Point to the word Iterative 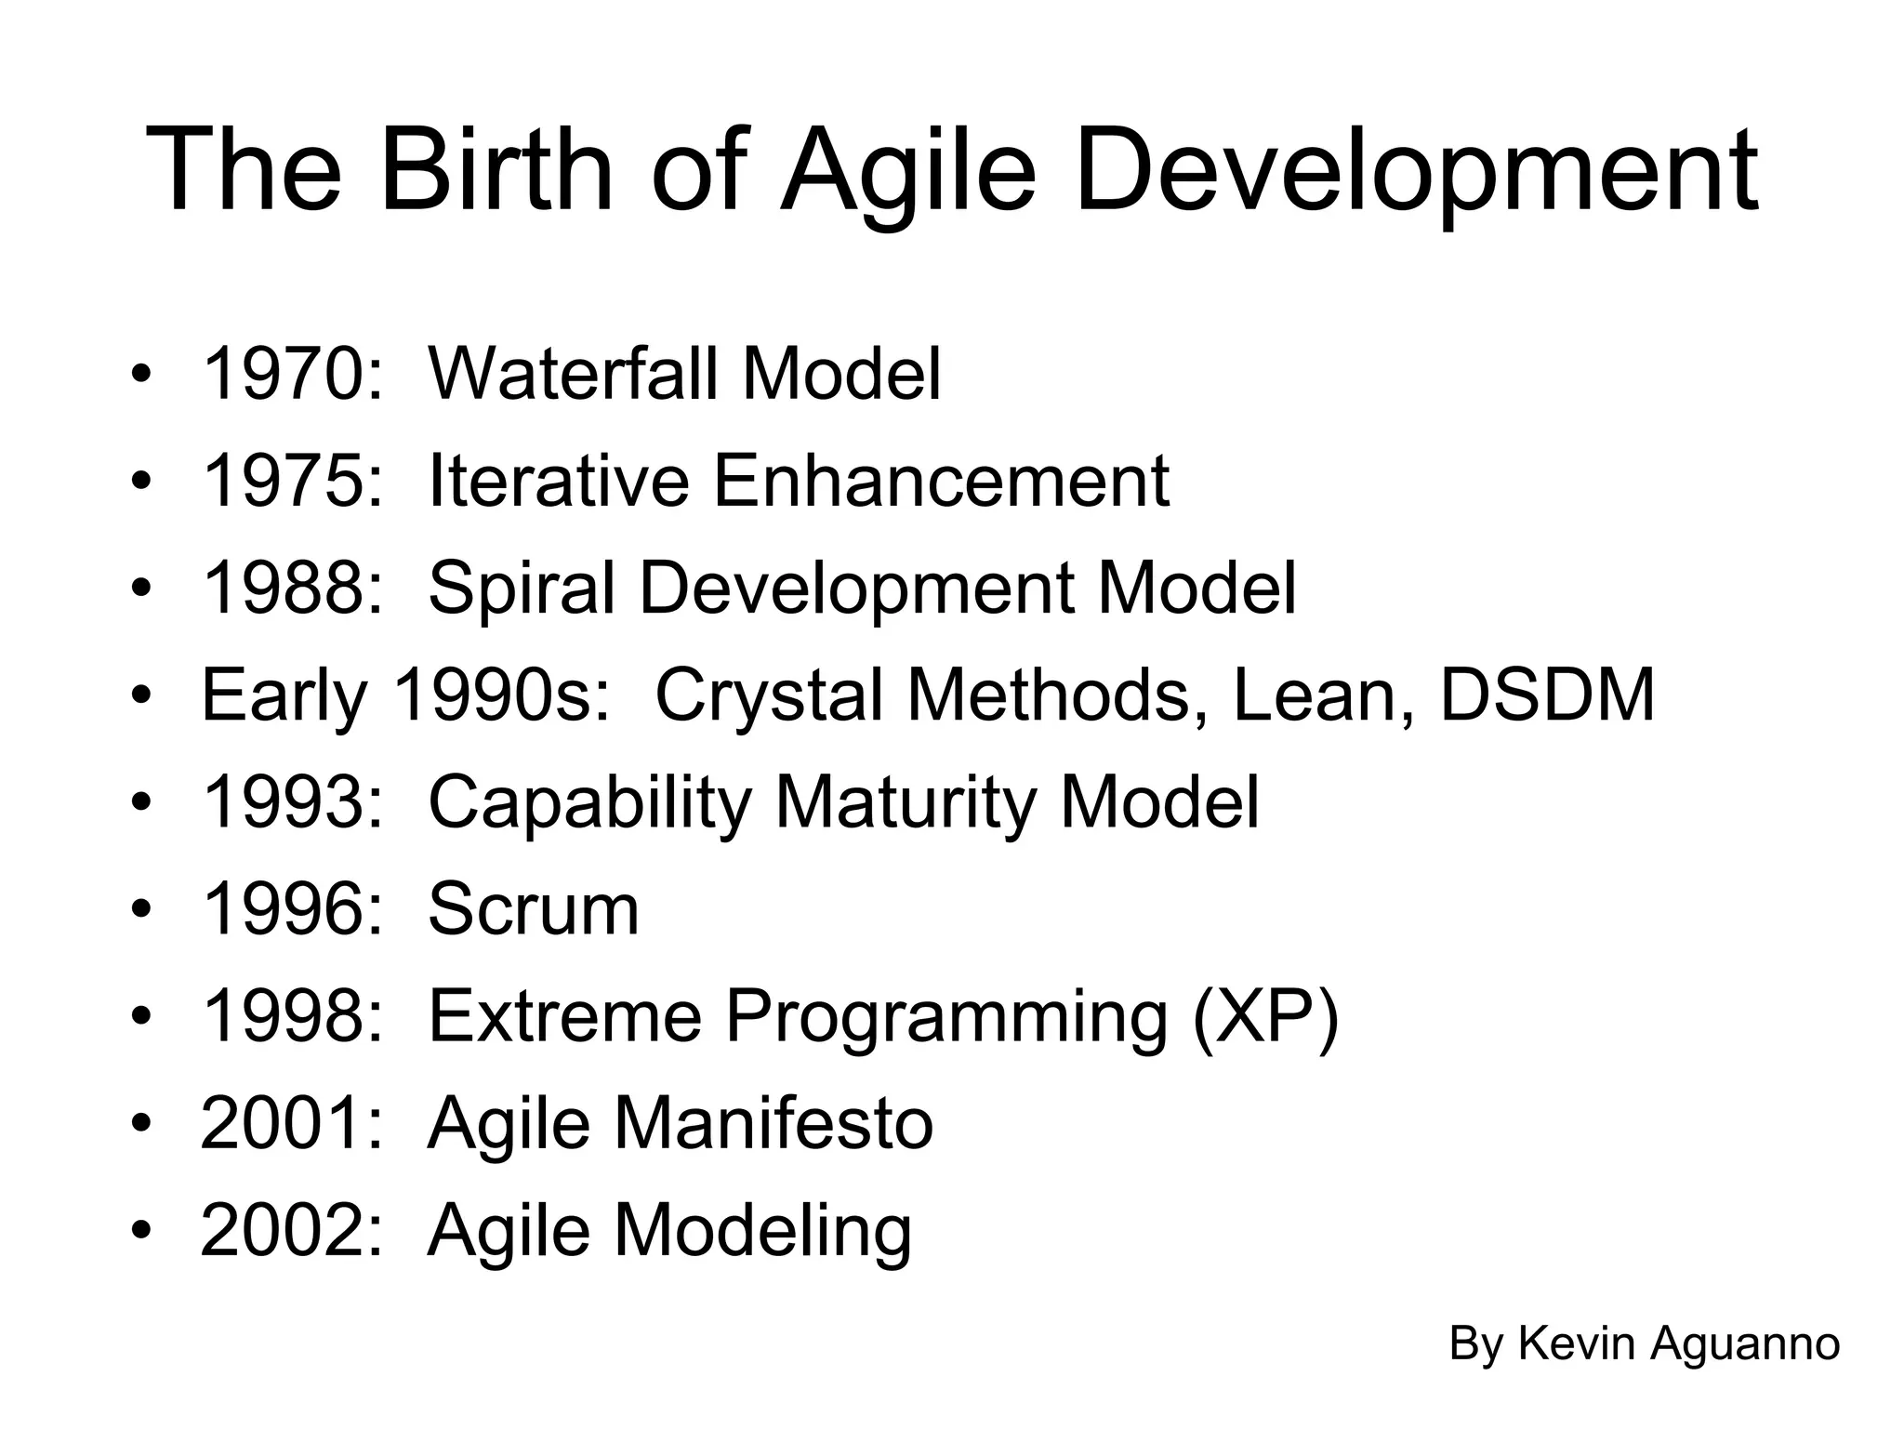(559, 481)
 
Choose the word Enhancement (941, 481)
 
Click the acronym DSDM (1547, 695)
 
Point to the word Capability (590, 803)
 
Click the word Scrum (534, 909)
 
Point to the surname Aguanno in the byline (1744, 1343)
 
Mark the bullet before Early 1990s (140, 696)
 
